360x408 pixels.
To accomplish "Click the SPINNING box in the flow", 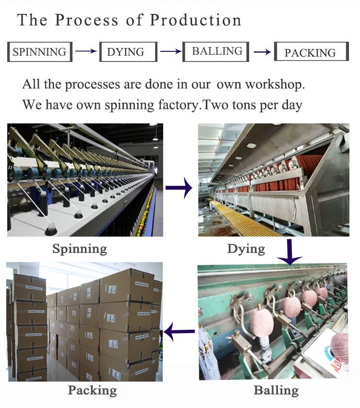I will pos(39,52).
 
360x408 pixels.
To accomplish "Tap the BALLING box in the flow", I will pos(217,51).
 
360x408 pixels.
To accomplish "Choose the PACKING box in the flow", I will pos(311,52).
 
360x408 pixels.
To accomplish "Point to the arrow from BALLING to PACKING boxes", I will pos(262,52).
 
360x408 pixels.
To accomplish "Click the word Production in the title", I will pos(195,20).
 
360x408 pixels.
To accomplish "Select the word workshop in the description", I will pos(275,84).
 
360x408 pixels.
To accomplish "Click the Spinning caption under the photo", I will pos(80,249).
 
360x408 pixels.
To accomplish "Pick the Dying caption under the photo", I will pos(246,249).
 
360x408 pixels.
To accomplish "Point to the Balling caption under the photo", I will pos(276,390).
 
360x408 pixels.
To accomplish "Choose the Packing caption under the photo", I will pos(92,390).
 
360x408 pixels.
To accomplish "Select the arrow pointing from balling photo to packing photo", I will pos(180,331).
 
